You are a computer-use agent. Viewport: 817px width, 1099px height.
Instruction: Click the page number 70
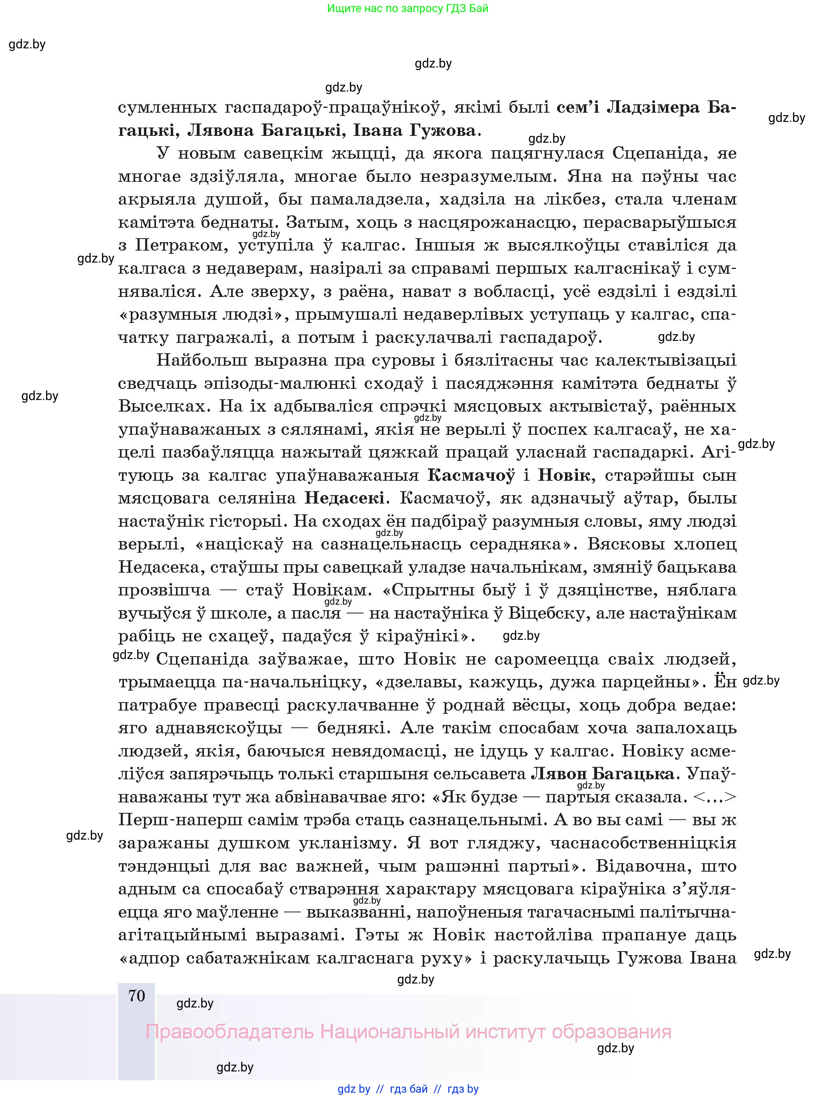tap(136, 996)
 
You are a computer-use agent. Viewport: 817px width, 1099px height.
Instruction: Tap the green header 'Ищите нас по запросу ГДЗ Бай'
tap(408, 8)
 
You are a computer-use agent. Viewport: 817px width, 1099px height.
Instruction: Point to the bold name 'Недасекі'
tap(345, 498)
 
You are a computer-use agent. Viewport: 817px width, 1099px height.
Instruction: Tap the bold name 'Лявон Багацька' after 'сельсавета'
tap(602, 773)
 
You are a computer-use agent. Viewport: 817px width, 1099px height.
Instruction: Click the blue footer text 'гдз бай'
tap(409, 1089)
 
